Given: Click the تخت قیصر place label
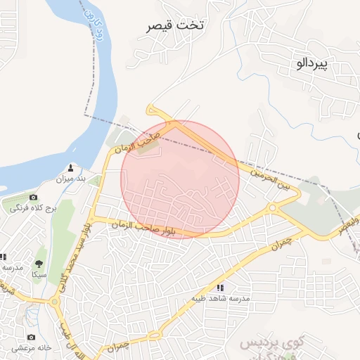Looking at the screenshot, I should point(176,26).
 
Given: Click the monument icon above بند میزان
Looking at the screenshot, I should point(70,169).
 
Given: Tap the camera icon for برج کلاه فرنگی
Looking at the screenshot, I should point(33,198).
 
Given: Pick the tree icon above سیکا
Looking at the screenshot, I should point(39,264).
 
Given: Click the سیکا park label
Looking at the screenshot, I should point(39,275).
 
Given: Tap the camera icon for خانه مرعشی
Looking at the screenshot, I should point(31,337).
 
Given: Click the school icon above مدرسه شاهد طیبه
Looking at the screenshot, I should point(220,287).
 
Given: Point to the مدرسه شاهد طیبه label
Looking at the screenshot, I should point(220,298).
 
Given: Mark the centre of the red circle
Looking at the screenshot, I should point(181,179).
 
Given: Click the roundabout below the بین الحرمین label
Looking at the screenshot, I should point(272,208).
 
